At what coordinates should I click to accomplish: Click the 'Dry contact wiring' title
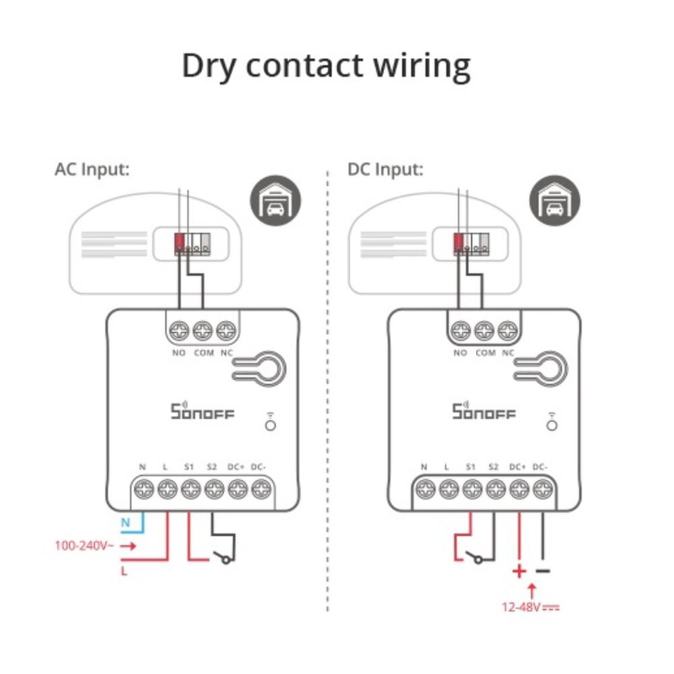click(x=326, y=66)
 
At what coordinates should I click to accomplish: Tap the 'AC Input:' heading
click(x=92, y=169)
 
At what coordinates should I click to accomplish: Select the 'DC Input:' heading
click(x=386, y=169)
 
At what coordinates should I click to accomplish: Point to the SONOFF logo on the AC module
click(x=202, y=410)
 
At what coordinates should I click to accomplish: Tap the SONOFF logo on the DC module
click(x=483, y=410)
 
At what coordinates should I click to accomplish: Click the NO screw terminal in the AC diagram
click(x=180, y=331)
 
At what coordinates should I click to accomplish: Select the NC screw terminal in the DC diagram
click(x=508, y=331)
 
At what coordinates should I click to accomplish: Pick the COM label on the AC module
click(x=203, y=353)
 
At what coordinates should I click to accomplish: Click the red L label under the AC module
click(x=125, y=572)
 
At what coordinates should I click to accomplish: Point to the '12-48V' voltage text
click(x=521, y=607)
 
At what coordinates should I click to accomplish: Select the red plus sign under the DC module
click(x=519, y=572)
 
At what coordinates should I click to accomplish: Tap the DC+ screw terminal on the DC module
click(x=518, y=489)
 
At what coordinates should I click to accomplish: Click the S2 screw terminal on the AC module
click(x=214, y=489)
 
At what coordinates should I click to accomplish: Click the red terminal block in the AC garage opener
click(x=179, y=241)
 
